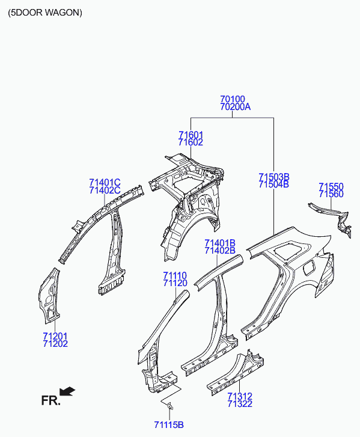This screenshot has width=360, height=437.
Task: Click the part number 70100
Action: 233,99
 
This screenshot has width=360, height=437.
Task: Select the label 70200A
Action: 236,107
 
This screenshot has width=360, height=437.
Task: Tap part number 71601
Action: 191,135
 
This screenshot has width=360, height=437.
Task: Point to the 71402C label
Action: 105,191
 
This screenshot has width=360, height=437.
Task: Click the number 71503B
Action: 274,177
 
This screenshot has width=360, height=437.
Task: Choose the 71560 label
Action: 331,194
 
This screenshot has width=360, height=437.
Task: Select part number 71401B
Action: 220,243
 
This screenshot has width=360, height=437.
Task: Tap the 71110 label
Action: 175,275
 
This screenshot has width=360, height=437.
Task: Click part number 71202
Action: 55,344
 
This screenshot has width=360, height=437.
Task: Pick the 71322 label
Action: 240,404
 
